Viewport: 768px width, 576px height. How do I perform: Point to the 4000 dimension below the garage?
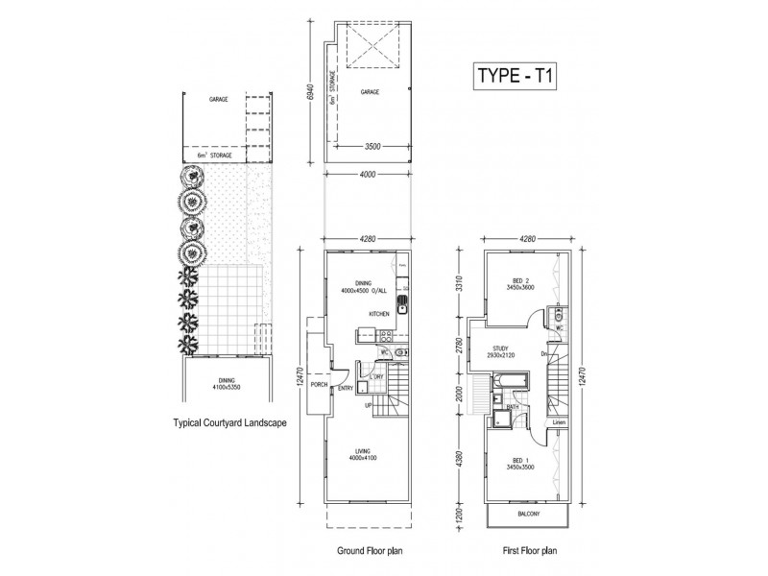tap(368, 176)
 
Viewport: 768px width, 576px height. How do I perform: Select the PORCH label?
tap(318, 386)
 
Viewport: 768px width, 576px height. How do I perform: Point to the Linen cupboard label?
tap(559, 422)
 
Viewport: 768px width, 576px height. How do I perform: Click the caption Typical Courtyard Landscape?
tap(229, 421)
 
